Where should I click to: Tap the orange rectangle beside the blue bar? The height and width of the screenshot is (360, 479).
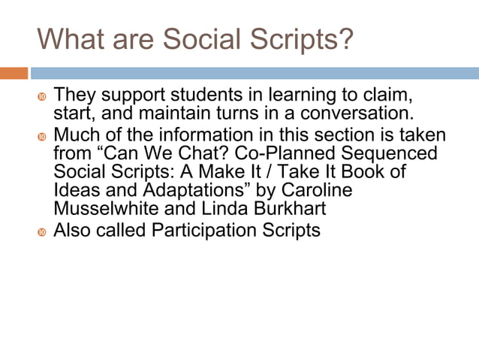[x=14, y=73]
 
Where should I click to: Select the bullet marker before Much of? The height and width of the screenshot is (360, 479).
[x=42, y=137]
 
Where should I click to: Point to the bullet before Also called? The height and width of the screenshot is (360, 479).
[x=42, y=231]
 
